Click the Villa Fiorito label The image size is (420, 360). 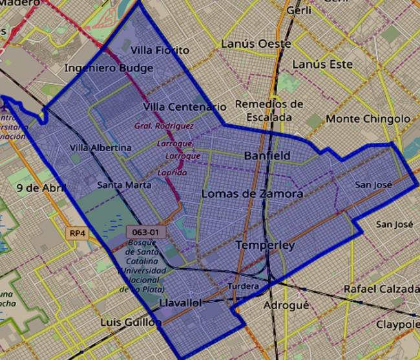coord(160,50)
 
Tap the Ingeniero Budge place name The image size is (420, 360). coord(109,68)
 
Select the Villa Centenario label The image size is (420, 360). coord(185,106)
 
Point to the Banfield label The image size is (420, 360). coord(267,156)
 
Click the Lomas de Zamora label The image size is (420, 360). coord(252,193)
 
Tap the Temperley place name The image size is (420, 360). coord(265,246)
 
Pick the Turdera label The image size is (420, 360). coord(244,286)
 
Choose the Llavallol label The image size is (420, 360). coord(181,302)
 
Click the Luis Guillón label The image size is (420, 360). coord(131,322)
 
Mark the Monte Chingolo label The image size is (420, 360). coord(368,119)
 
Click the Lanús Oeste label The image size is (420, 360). coord(256,43)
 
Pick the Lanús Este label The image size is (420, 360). coord(322,65)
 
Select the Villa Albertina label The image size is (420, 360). coord(100,148)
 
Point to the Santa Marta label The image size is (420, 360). coord(124,185)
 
